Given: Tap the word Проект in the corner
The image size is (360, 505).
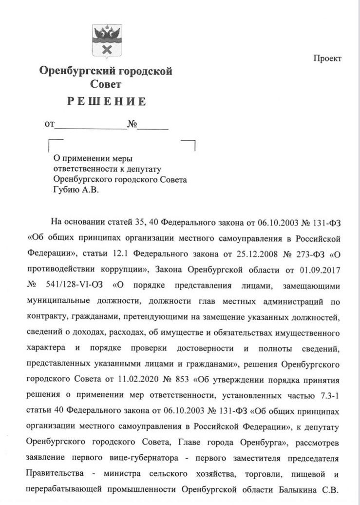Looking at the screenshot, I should (x=327, y=58).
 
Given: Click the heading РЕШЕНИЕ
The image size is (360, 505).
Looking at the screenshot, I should (x=106, y=101).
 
